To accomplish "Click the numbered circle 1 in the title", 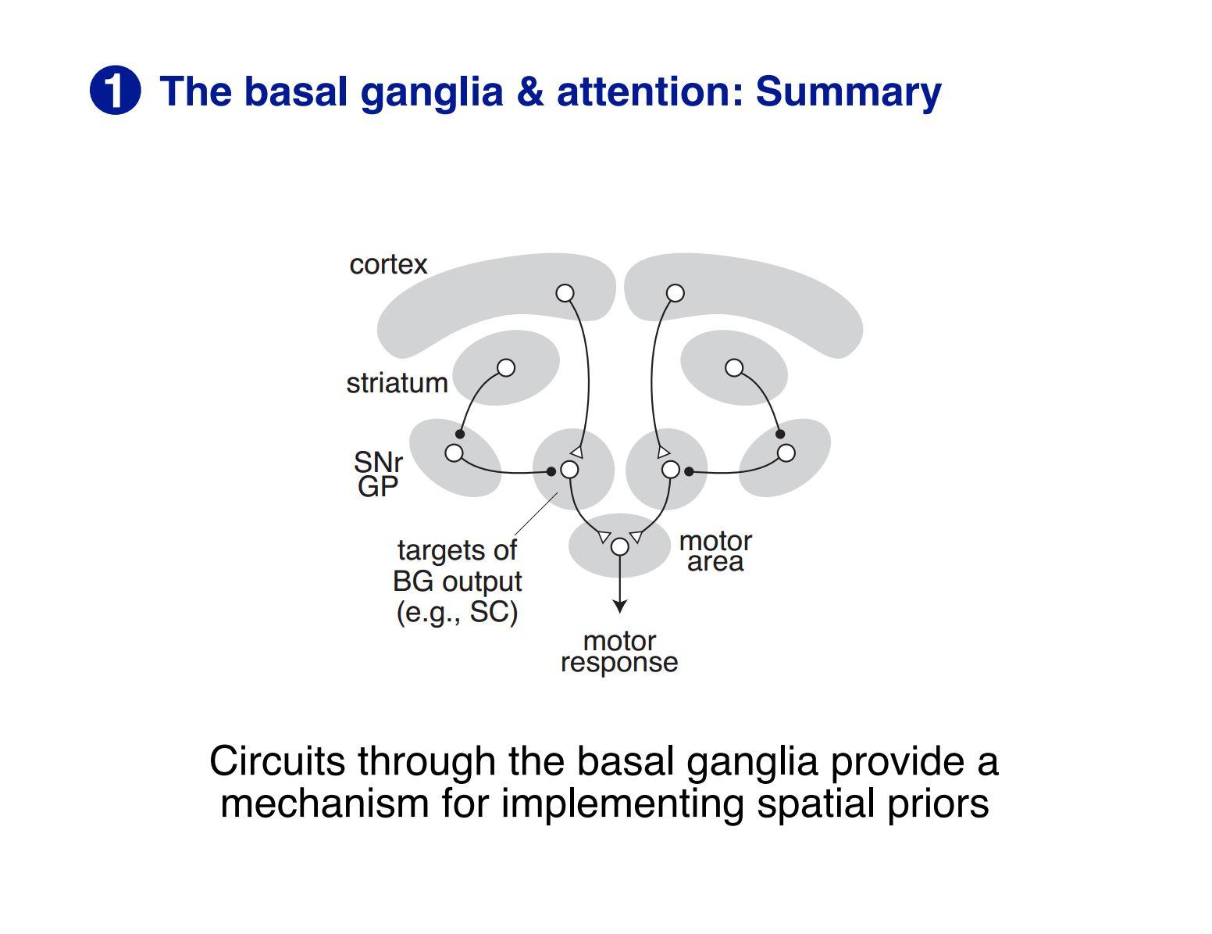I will (x=115, y=91).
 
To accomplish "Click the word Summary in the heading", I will (x=848, y=91).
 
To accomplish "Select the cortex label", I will (x=388, y=264).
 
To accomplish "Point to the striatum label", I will (x=397, y=383).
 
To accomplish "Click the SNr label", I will (x=378, y=463).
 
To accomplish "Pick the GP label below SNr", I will (x=378, y=487).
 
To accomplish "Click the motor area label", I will (x=715, y=551).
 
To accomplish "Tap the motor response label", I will (x=619, y=652).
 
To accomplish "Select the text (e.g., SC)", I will (x=457, y=612).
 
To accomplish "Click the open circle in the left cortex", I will (x=565, y=293).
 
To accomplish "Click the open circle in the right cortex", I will (x=676, y=293).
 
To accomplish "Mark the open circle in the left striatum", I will (x=506, y=367).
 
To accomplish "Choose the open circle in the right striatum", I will (x=734, y=367).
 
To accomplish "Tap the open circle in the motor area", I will (x=619, y=547).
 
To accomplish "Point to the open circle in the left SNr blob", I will (x=454, y=453).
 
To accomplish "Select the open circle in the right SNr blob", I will (x=786, y=453).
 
